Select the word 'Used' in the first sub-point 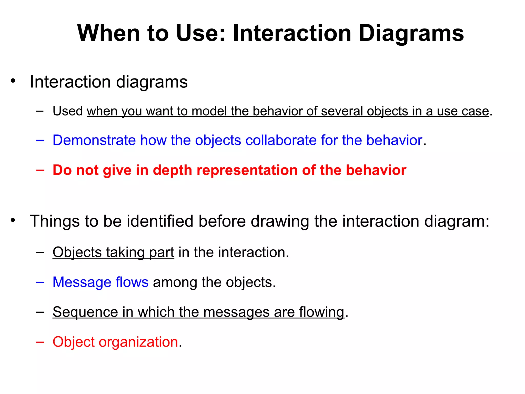[68, 111]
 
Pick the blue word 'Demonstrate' [94, 140]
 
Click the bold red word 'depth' [173, 170]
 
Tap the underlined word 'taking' [125, 252]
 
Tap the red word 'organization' [138, 342]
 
